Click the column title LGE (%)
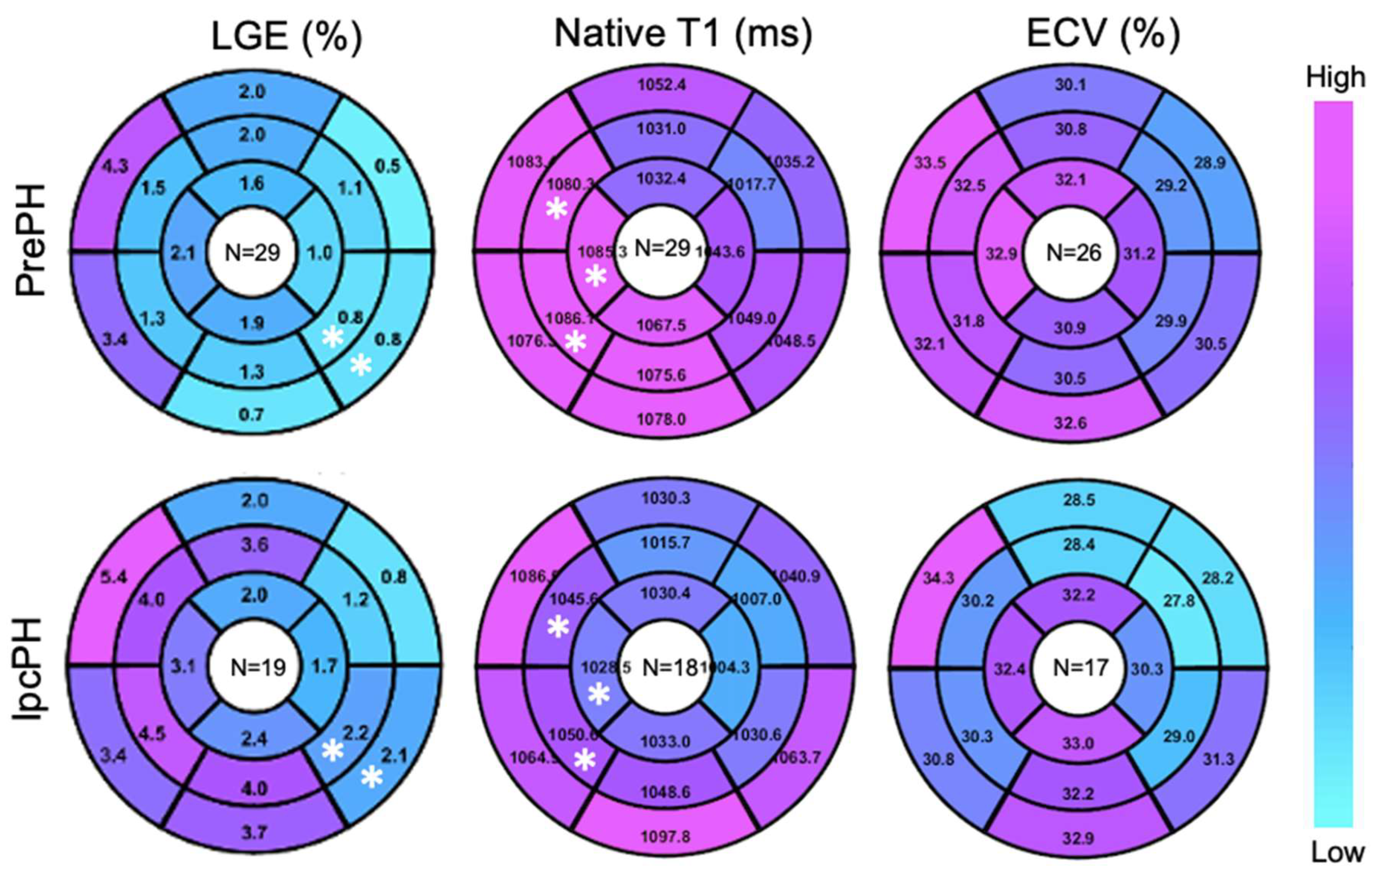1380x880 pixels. (x=287, y=36)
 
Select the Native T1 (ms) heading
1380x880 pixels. (x=683, y=33)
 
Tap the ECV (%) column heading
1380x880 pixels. (x=1103, y=34)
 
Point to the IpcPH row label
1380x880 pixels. (x=30, y=668)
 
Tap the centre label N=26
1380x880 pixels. (x=1073, y=253)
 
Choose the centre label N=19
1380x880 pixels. (x=258, y=667)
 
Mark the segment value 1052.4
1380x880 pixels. (x=662, y=85)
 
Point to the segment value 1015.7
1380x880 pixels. (x=665, y=542)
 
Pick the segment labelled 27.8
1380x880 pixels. (x=1179, y=600)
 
